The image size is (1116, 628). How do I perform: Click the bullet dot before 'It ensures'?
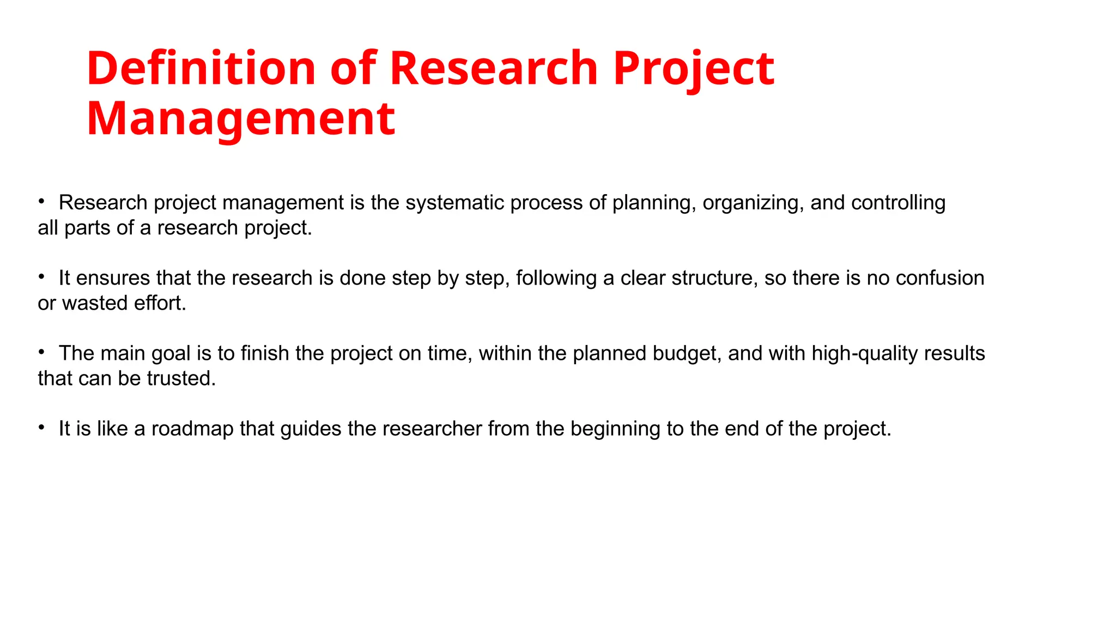(41, 277)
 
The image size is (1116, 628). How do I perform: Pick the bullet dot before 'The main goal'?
(41, 352)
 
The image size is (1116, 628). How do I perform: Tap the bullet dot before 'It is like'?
(41, 428)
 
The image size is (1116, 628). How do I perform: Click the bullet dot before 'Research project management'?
(41, 202)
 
